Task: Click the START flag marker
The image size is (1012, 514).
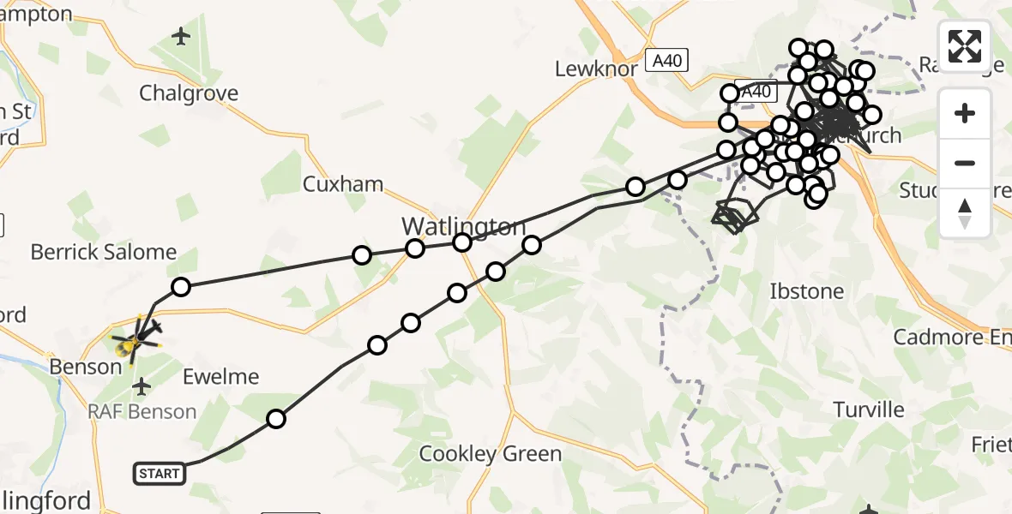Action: click(160, 473)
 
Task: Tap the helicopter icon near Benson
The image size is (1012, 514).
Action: click(135, 344)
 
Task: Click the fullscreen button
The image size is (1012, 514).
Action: click(965, 45)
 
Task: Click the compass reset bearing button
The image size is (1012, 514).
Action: click(965, 213)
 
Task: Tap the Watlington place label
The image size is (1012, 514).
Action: click(463, 227)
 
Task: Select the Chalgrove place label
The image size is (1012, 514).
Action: click(189, 93)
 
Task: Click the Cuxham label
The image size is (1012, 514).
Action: click(343, 183)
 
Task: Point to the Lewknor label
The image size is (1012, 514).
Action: click(596, 69)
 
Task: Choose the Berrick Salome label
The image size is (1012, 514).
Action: click(104, 252)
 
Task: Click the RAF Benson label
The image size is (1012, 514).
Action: click(142, 411)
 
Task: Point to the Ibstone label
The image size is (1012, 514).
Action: click(806, 291)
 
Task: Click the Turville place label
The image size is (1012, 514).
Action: click(870, 409)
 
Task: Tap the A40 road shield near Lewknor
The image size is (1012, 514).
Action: click(666, 61)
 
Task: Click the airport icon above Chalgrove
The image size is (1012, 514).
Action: click(181, 37)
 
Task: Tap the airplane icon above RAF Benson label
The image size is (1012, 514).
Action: click(142, 388)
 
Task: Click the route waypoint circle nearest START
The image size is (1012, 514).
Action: click(276, 419)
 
